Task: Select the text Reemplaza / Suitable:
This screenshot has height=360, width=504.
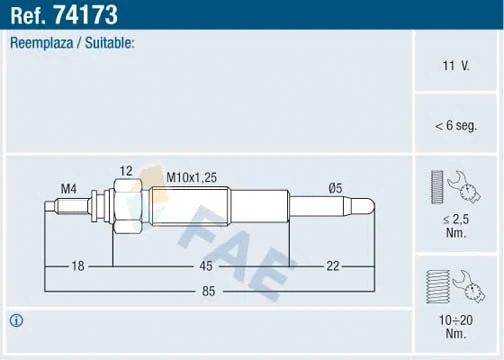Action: (x=72, y=44)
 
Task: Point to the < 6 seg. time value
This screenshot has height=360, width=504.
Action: (x=456, y=125)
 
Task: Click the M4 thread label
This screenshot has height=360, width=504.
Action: (x=69, y=188)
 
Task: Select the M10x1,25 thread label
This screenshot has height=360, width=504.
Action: (x=191, y=177)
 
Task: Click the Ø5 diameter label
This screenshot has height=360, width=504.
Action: (x=337, y=188)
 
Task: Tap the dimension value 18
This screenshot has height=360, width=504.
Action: (x=78, y=266)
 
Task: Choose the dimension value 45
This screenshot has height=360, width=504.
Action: (x=205, y=266)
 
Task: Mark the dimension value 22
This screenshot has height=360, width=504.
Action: (x=333, y=266)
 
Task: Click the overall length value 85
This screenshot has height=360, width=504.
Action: (x=209, y=293)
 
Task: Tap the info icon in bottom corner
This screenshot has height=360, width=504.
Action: (x=16, y=320)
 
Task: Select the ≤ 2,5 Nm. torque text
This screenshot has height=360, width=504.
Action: (x=456, y=224)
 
